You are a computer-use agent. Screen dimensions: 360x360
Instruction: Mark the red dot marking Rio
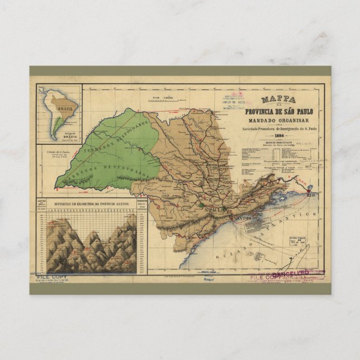click(309, 192)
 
